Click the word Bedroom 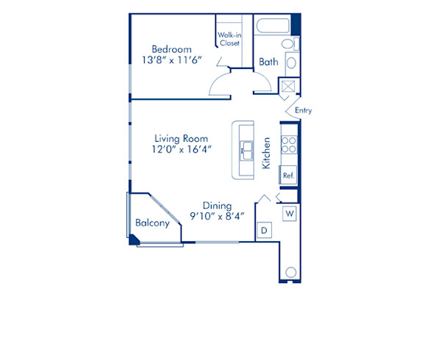(x=171, y=50)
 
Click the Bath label (x=268, y=62)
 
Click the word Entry (x=303, y=111)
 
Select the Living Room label (x=181, y=137)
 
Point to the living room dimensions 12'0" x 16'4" (x=182, y=150)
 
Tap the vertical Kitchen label (x=267, y=154)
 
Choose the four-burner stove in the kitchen (x=289, y=145)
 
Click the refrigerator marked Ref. (x=289, y=176)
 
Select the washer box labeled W (x=290, y=214)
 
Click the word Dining (x=217, y=206)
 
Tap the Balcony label (x=153, y=223)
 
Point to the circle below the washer (x=291, y=273)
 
